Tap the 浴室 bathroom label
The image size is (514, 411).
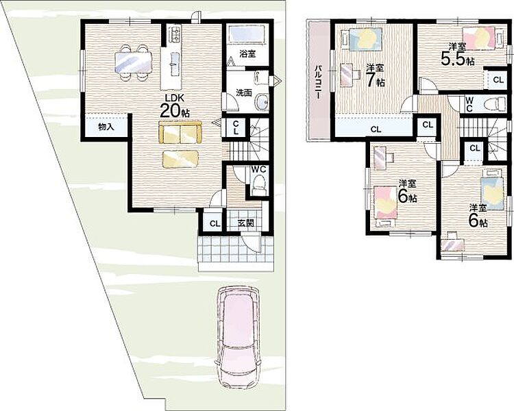point(247,53)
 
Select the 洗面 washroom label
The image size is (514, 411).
point(244,92)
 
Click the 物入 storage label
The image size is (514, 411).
point(106,127)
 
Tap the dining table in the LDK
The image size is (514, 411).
point(134,62)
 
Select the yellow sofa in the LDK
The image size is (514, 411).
point(180,132)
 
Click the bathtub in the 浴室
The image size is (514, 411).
point(246,34)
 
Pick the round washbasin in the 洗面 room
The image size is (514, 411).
point(262,101)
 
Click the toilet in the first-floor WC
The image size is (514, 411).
point(260,184)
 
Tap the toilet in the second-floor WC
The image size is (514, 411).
point(499,103)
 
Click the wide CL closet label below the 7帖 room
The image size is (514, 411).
point(376,129)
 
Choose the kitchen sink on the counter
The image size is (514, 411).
point(174,61)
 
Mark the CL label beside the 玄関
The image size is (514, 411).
point(215,224)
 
